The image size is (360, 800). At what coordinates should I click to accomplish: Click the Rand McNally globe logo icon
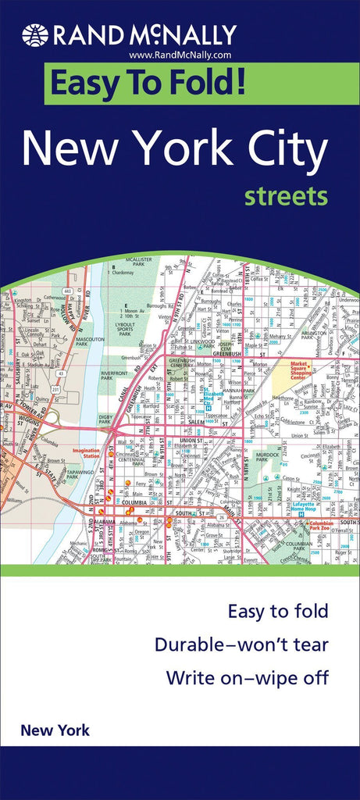35,35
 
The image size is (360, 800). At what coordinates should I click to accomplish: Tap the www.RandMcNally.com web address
180,55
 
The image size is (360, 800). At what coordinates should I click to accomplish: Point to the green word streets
286,196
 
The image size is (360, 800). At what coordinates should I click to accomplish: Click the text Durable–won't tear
241,645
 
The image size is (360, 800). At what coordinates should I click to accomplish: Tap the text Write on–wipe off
246,678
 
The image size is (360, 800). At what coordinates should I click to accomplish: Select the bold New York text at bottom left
55,731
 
